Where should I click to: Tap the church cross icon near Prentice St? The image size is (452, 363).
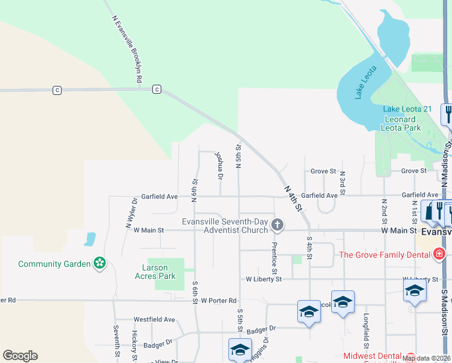pyautogui.click(x=277, y=226)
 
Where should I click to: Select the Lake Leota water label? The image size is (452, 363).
pyautogui.click(x=365, y=82)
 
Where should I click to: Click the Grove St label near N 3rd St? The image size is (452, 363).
pyautogui.click(x=323, y=171)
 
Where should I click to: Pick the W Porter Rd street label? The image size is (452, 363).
pyautogui.click(x=219, y=300)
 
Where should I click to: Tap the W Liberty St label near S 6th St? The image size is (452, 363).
pyautogui.click(x=263, y=279)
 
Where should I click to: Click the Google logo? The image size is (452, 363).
pyautogui.click(x=20, y=356)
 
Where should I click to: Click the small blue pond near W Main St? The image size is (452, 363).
pyautogui.click(x=90, y=239)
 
